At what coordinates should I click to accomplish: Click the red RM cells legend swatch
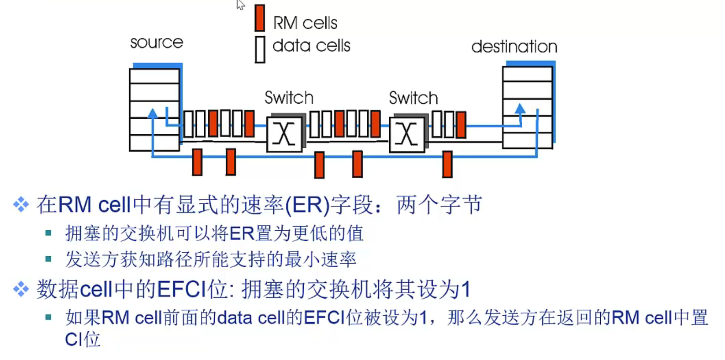pyautogui.click(x=259, y=18)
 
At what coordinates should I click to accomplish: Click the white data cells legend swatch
pyautogui.click(x=260, y=49)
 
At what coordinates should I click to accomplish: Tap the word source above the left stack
pyautogui.click(x=157, y=42)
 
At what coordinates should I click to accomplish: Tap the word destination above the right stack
pyautogui.click(x=514, y=46)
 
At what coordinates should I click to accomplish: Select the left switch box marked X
pyautogui.click(x=285, y=134)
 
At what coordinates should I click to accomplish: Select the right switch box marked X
pyautogui.click(x=407, y=134)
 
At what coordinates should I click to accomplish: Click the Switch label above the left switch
pyautogui.click(x=289, y=97)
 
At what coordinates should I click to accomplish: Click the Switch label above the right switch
pyautogui.click(x=413, y=98)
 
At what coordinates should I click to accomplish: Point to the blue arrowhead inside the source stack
pyautogui.click(x=153, y=113)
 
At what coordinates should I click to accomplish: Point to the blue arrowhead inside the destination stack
pyautogui.click(x=520, y=108)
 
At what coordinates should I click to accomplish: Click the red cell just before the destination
pyautogui.click(x=461, y=125)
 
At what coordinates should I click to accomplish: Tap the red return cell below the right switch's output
pyautogui.click(x=447, y=164)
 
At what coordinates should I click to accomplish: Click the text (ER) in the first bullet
pyautogui.click(x=307, y=205)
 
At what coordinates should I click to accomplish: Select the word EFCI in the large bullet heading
pyautogui.click(x=182, y=289)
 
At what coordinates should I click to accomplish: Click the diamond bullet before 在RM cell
pyautogui.click(x=21, y=205)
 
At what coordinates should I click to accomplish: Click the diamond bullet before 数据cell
pyautogui.click(x=21, y=289)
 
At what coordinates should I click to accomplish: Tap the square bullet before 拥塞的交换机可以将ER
pyautogui.click(x=48, y=233)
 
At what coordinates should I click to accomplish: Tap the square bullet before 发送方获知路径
pyautogui.click(x=48, y=259)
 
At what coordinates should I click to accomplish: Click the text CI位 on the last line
pyautogui.click(x=83, y=339)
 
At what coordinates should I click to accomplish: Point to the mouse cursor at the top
pyautogui.click(x=240, y=5)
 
